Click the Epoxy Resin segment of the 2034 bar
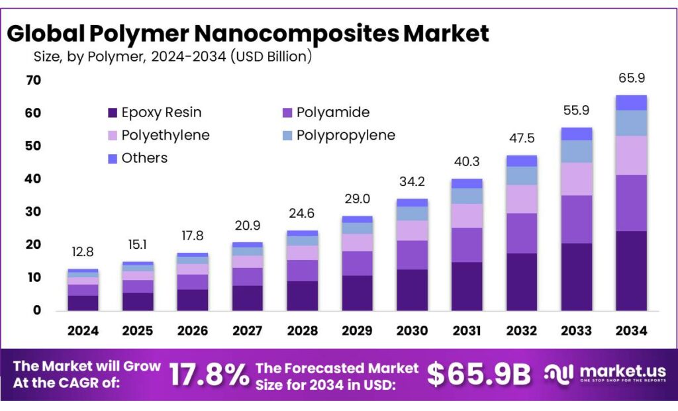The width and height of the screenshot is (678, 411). click(631, 271)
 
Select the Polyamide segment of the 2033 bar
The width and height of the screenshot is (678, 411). click(577, 219)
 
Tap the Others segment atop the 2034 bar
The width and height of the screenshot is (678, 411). click(631, 103)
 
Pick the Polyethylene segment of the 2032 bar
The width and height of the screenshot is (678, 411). click(522, 199)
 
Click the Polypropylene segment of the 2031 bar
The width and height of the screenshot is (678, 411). click(467, 196)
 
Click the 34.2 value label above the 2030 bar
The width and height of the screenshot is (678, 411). click(412, 181)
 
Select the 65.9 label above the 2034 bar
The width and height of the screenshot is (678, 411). click(631, 77)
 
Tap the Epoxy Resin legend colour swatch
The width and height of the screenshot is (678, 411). click(112, 113)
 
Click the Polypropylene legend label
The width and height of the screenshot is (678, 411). click(346, 135)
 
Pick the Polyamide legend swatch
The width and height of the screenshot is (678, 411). click(287, 113)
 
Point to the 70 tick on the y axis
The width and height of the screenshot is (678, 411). click(34, 80)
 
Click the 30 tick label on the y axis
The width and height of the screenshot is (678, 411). click(34, 211)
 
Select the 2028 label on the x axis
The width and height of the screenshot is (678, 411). click(302, 330)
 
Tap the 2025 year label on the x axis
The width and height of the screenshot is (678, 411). click(138, 330)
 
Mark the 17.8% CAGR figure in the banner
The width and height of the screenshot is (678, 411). click(209, 375)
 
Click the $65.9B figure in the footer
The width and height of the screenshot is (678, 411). click(479, 375)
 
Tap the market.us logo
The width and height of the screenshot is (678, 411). click(606, 375)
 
